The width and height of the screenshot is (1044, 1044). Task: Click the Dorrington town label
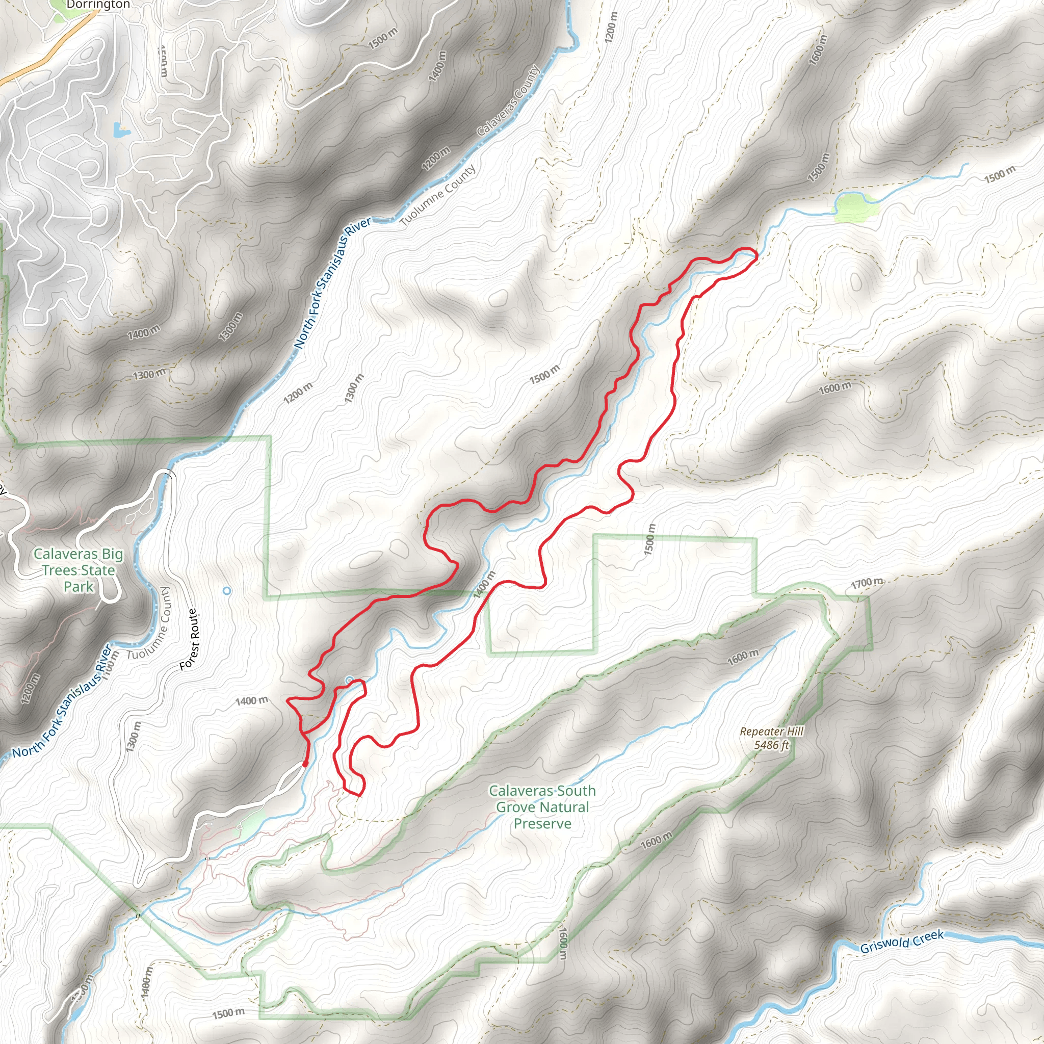point(98,5)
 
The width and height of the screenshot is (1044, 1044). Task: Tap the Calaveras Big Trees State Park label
point(79,570)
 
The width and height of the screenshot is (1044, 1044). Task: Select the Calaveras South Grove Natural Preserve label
point(542,807)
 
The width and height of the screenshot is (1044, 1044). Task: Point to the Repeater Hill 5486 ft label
point(771,738)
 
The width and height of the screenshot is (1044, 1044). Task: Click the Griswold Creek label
point(902,942)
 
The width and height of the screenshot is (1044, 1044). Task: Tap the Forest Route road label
point(190,640)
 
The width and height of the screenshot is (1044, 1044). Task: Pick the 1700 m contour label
point(867,583)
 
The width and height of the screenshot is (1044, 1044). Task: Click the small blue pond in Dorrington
point(120,129)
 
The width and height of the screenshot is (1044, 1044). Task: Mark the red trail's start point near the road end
point(305,764)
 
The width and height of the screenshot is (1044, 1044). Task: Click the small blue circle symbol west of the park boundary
point(227,591)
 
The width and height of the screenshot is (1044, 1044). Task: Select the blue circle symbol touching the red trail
point(350,680)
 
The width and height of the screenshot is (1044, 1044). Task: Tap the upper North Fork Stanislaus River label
point(333,283)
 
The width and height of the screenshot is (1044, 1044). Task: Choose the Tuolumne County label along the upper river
point(438,196)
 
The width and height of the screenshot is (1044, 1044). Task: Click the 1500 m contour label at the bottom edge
point(228,1013)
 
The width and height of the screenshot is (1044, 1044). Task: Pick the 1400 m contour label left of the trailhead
point(251,701)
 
